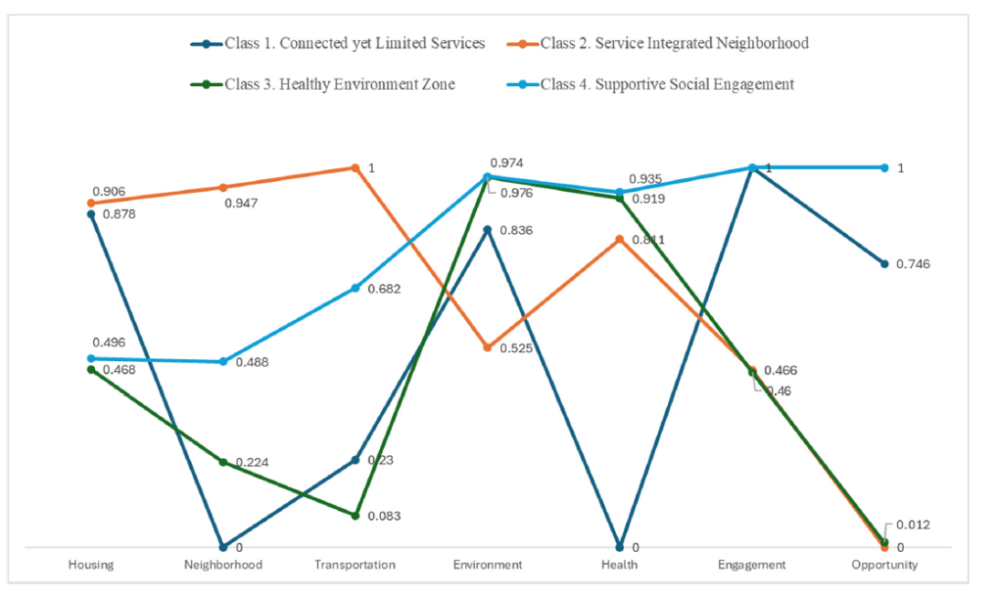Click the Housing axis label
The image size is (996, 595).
[91, 565]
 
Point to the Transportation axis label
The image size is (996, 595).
[355, 565]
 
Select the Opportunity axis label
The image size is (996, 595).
[885, 565]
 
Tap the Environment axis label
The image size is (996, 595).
[488, 565]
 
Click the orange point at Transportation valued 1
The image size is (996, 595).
[355, 168]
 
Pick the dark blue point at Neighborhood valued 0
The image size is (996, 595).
[223, 547]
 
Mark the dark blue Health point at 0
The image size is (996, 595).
[620, 547]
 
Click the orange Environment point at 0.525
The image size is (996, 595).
[488, 348]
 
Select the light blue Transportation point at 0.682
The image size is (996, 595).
[355, 289]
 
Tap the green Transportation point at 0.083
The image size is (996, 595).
[355, 515]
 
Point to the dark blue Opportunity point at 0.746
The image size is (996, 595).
[885, 264]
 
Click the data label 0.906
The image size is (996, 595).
[108, 191]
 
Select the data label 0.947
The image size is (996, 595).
[240, 203]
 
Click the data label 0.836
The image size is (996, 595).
[516, 230]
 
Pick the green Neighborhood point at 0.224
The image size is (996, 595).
[223, 462]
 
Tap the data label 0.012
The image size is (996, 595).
[914, 525]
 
